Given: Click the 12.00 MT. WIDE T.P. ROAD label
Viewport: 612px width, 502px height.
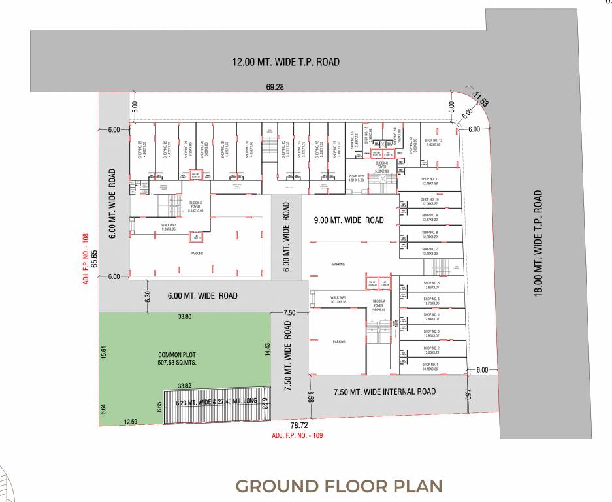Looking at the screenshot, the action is coord(286,62).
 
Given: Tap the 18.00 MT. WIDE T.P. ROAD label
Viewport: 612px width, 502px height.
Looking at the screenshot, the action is coord(538,243).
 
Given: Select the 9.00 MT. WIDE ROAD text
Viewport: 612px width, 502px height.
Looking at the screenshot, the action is coord(349,220).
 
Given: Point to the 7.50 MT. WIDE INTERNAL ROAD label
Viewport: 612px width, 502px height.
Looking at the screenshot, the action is coord(384,392).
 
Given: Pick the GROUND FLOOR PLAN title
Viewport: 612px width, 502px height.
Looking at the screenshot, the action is coord(338,486).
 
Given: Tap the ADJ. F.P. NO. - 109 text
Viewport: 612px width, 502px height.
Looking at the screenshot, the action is coord(297,435).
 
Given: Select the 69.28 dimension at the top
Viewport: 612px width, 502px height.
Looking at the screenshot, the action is coord(274,86).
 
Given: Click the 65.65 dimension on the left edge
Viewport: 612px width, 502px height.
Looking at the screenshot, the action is coord(94,259).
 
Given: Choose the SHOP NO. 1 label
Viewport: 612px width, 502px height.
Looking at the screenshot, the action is coord(430,366).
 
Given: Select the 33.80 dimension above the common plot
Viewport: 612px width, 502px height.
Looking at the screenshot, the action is coord(185,318).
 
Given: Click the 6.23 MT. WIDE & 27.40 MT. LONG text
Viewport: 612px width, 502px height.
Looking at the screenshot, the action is coord(216,402).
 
